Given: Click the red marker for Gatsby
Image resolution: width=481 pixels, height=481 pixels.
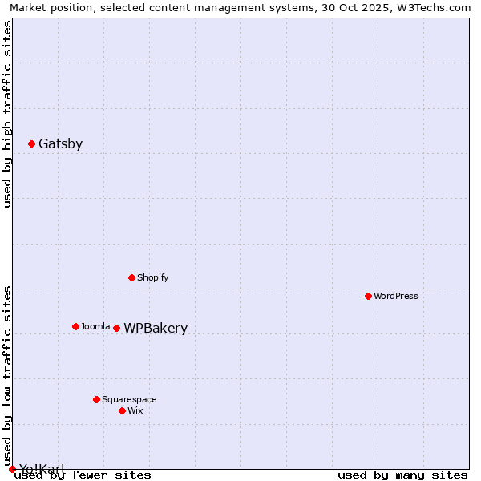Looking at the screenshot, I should tap(31, 144).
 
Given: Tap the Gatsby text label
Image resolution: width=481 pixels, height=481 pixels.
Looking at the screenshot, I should tap(60, 144).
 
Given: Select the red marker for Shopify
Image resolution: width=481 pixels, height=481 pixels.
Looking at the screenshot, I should tap(131, 277).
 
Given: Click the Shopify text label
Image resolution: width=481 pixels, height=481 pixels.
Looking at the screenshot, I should tap(152, 278).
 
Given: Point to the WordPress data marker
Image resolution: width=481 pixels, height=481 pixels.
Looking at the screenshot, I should tap(368, 296).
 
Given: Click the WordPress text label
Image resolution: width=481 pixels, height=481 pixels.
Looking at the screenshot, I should tap(396, 297).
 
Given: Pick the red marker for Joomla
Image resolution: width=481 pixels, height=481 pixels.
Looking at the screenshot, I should tap(75, 326).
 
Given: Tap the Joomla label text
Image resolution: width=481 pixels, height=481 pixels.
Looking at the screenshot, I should tap(95, 327).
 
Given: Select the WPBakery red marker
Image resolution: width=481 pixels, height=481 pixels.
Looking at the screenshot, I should tap(116, 328).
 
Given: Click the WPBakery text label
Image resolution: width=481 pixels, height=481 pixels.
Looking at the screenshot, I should tap(156, 329).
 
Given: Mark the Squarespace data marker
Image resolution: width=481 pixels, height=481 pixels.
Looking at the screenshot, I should tap(96, 399).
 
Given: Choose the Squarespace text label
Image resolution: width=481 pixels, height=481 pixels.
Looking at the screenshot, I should tap(129, 400).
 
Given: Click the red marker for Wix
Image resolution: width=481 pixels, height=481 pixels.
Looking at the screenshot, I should tap(122, 410).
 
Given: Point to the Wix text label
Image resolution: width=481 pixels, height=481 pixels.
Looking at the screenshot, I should tap(135, 411).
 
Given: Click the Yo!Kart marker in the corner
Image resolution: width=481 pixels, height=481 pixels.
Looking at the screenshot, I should tap(12, 469).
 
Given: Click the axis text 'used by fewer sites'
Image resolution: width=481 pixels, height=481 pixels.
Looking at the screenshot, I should tap(83, 475).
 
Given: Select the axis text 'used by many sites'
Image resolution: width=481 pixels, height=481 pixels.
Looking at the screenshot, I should tap(402, 475).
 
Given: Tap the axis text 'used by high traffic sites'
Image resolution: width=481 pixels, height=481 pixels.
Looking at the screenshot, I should tap(7, 114).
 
